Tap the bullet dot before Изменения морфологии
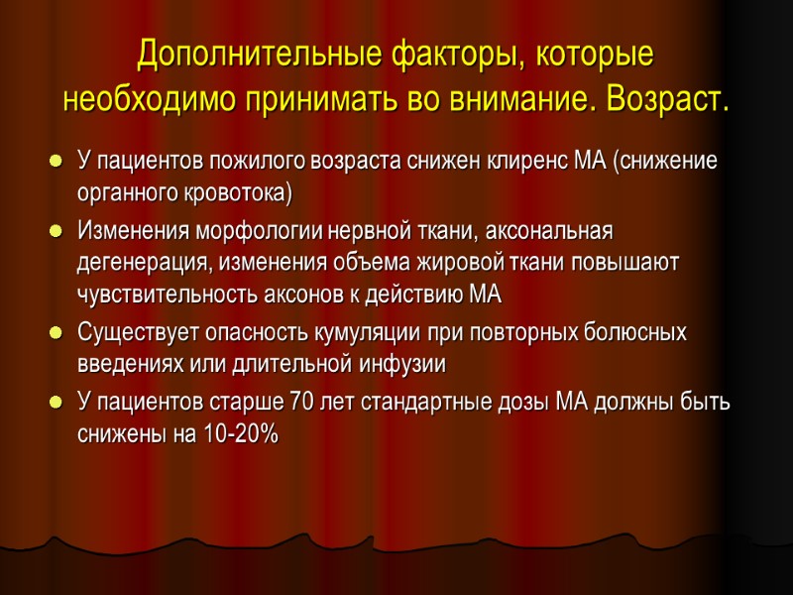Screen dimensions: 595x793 coord(53,232)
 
